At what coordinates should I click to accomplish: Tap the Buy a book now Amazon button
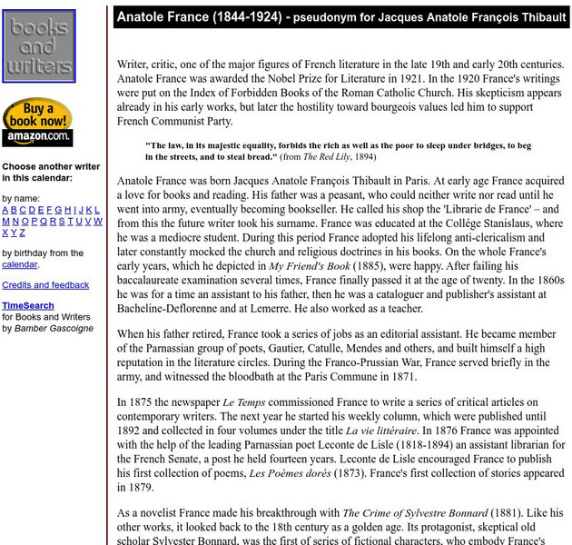[37, 122]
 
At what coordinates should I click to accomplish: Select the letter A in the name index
[5, 210]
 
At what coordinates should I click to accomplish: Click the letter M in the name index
[6, 222]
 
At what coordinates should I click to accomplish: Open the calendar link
[19, 264]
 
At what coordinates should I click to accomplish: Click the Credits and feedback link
[45, 285]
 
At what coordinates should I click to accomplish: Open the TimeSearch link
[27, 306]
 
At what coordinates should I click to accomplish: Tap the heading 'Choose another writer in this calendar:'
[51, 173]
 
